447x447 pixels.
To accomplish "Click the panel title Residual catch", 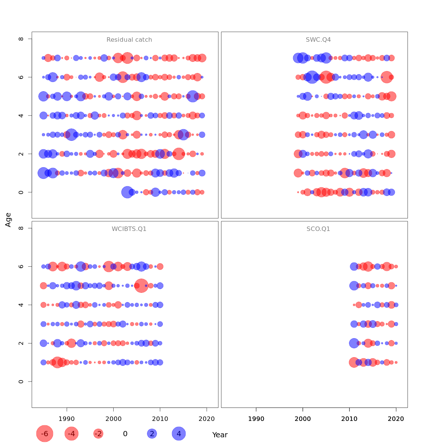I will pyautogui.click(x=129, y=40).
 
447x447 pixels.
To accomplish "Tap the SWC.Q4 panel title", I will pyautogui.click(x=318, y=40).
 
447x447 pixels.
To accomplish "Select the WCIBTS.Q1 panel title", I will pyautogui.click(x=129, y=229).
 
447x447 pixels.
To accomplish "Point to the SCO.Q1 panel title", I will pyautogui.click(x=318, y=229).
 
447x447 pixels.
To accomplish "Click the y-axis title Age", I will pyautogui.click(x=8, y=220).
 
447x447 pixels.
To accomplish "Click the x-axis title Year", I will pyautogui.click(x=220, y=435).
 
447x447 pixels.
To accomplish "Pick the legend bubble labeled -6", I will pyautogui.click(x=45, y=434).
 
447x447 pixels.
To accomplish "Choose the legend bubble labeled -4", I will pyautogui.click(x=72, y=434).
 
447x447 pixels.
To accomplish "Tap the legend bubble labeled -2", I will pyautogui.click(x=98, y=434).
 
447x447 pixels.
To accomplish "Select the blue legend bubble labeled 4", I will pyautogui.click(x=179, y=434).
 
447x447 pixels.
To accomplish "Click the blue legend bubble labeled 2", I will pyautogui.click(x=152, y=434).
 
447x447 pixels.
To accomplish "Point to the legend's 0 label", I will pyautogui.click(x=125, y=434).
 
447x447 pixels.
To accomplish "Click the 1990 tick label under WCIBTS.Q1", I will pyautogui.click(x=67, y=419).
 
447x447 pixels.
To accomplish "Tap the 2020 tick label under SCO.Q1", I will pyautogui.click(x=396, y=419).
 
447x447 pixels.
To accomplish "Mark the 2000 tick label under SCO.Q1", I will pyautogui.click(x=302, y=419).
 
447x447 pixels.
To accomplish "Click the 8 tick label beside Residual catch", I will pyautogui.click(x=21, y=39).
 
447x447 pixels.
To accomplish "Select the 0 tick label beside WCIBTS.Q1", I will pyautogui.click(x=21, y=381).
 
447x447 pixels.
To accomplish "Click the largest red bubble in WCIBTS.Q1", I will pyautogui.click(x=141, y=286).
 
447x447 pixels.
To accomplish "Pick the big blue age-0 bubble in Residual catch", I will pyautogui.click(x=127, y=192).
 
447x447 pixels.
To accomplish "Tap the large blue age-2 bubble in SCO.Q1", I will pyautogui.click(x=354, y=343).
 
